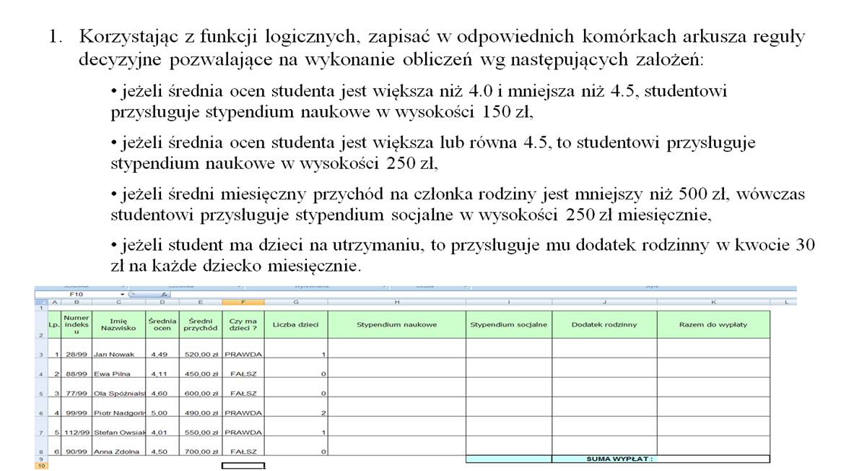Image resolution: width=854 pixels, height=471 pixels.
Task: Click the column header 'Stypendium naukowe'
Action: click(396, 324)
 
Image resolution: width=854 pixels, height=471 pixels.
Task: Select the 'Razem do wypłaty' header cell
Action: click(713, 324)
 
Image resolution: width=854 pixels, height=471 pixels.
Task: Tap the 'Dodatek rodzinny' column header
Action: click(604, 324)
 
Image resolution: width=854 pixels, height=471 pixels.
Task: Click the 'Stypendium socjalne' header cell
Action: click(509, 324)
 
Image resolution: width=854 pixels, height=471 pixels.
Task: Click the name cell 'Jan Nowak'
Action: click(114, 355)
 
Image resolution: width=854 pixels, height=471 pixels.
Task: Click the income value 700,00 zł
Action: click(202, 451)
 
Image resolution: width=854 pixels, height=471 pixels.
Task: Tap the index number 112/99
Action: click(76, 432)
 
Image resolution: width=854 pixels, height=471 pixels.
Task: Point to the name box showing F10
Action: click(76, 295)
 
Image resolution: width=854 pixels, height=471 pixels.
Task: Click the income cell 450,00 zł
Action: click(202, 373)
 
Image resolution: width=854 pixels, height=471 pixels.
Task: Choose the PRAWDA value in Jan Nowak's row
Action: click(243, 355)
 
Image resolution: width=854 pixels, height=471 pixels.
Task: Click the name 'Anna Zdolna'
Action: click(116, 451)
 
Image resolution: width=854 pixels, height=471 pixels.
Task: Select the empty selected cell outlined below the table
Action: click(243, 466)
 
